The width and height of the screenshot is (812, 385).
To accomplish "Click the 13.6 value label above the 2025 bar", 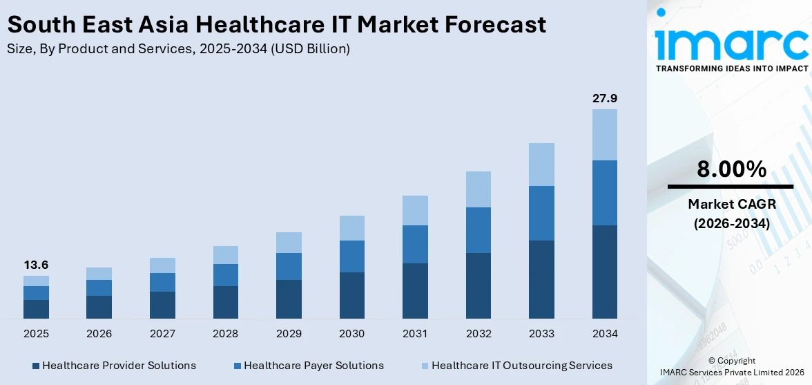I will (36, 265).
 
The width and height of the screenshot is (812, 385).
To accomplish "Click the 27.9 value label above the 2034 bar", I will (604, 98).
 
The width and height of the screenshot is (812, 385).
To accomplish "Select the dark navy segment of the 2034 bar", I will (604, 272).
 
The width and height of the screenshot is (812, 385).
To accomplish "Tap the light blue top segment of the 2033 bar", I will (541, 165).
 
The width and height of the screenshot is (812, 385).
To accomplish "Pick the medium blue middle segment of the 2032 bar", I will (478, 230).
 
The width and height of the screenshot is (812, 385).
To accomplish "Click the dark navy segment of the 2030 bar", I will (351, 295).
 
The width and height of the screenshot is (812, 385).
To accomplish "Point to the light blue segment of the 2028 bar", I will (225, 255).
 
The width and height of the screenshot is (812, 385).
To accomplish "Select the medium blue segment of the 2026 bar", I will (99, 288).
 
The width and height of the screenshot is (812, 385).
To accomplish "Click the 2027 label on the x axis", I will (162, 334).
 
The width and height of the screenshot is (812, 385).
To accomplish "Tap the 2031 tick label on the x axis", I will (415, 334).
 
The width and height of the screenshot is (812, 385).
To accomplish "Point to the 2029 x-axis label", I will (289, 334).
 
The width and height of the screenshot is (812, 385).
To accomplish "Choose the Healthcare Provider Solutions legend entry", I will (113, 366).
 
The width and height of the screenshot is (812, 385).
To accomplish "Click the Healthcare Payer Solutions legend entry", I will (308, 366).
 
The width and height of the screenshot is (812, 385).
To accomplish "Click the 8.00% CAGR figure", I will (731, 169).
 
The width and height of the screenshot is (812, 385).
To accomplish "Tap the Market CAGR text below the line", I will (731, 204).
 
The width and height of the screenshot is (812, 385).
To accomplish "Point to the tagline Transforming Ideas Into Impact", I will (731, 68).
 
